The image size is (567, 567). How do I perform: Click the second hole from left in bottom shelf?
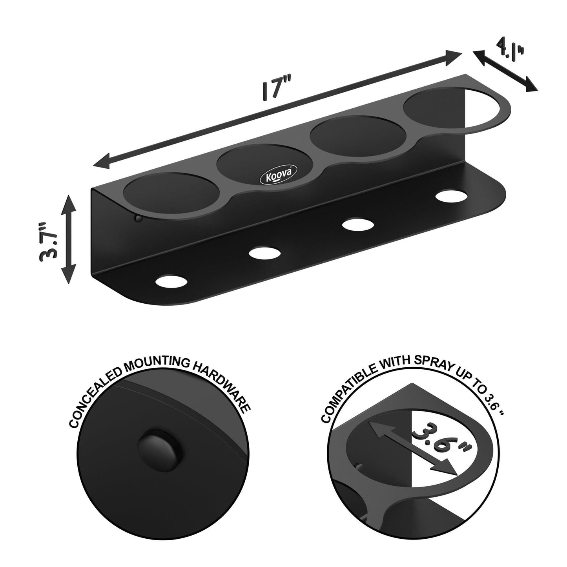263,253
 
